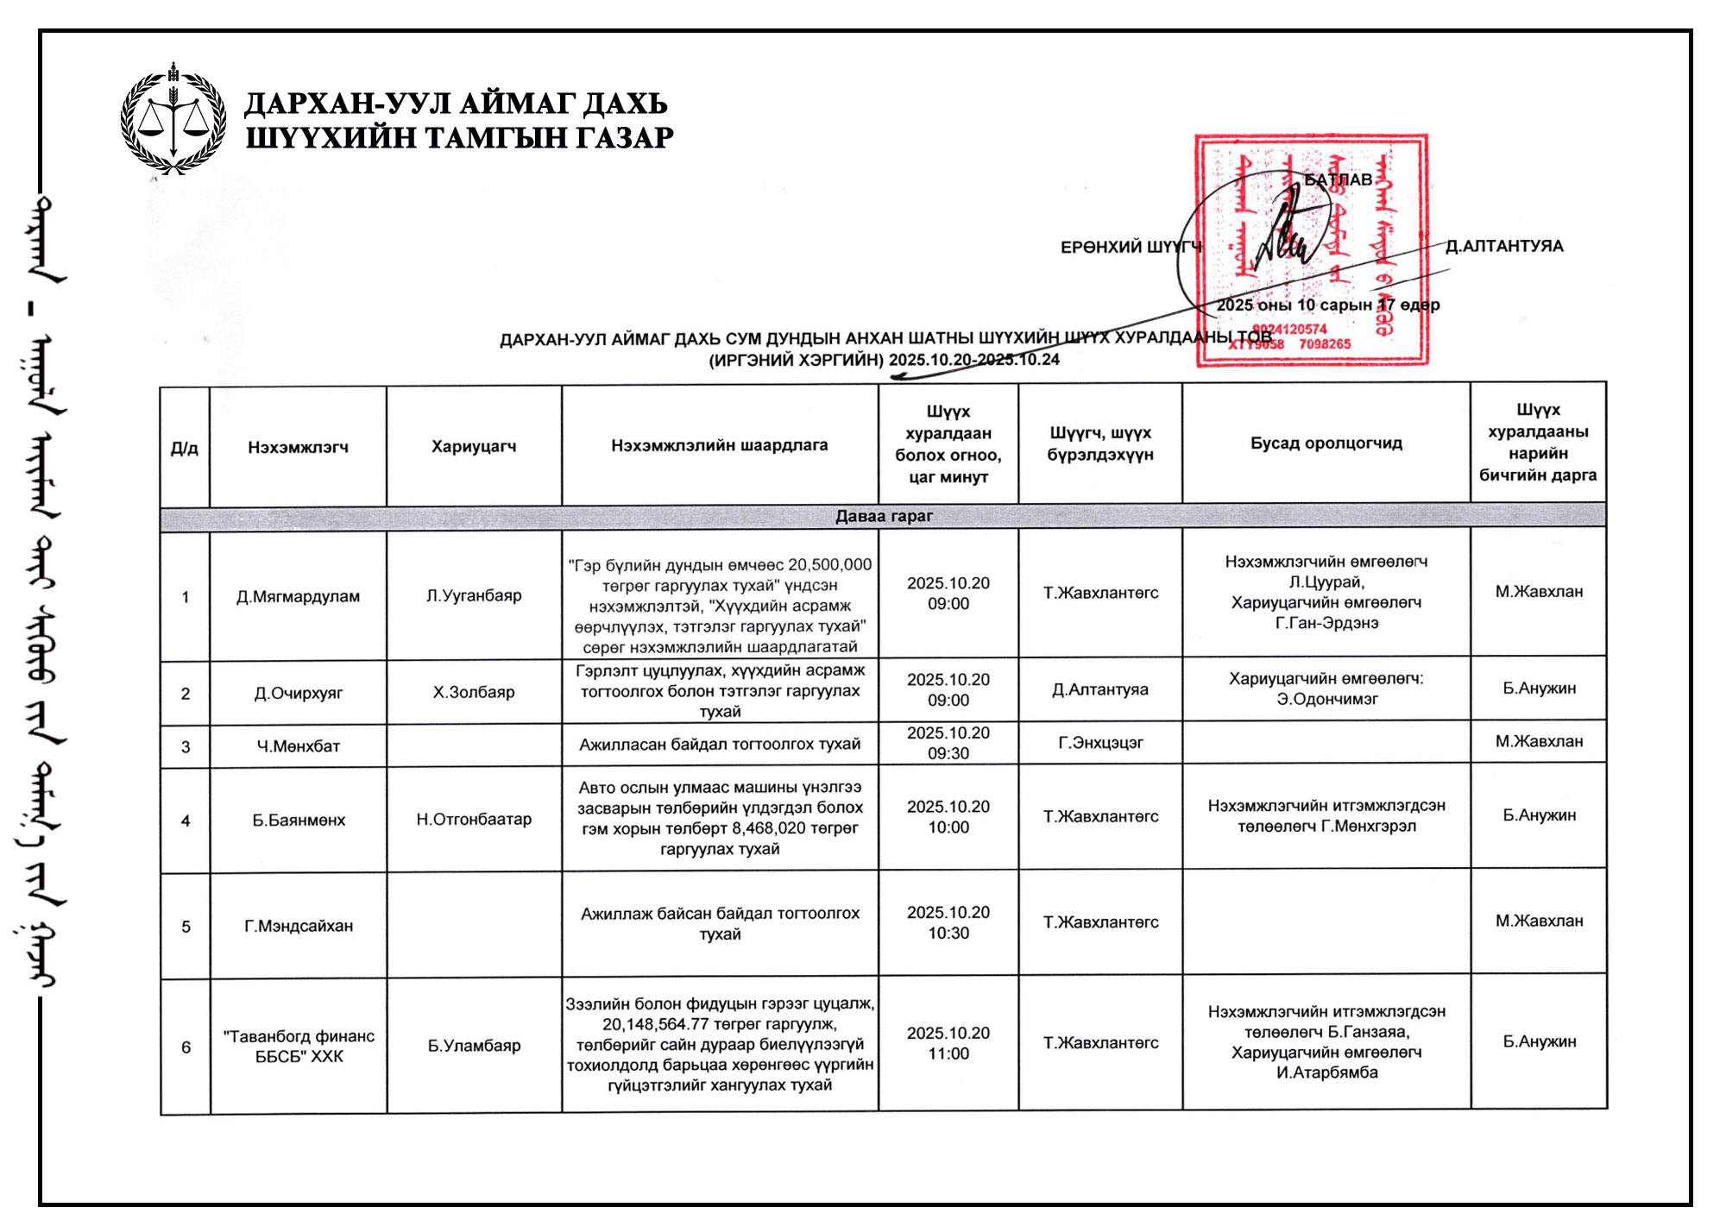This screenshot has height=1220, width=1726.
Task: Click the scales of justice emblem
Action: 173,120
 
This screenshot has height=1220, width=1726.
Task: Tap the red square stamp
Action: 1311,250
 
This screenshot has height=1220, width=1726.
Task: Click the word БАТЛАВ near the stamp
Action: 1337,179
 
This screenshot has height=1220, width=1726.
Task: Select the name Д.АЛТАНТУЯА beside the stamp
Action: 1504,246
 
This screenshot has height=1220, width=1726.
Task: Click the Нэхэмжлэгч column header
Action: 298,447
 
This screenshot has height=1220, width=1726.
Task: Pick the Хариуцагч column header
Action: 474,446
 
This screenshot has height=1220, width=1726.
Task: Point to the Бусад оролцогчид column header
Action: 1326,443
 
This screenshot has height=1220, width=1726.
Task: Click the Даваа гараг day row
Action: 883,516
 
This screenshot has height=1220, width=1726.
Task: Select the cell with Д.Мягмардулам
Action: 298,596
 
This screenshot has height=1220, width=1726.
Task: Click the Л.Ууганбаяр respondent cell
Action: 474,595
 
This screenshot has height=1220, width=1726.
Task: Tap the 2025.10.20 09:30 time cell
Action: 948,743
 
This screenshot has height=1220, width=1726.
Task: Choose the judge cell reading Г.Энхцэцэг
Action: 1100,742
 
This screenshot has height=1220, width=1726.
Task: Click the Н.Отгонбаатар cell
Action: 474,819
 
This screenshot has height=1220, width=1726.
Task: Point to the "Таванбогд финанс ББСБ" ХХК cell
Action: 299,1046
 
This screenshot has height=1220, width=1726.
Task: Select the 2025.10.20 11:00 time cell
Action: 948,1043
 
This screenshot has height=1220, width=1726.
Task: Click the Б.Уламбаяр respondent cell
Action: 474,1046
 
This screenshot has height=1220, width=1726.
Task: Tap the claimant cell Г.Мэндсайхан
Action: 299,926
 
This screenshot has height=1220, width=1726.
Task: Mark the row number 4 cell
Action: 186,821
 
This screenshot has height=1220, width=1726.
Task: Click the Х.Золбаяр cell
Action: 474,692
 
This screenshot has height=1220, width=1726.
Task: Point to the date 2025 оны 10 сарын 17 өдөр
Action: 1327,305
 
